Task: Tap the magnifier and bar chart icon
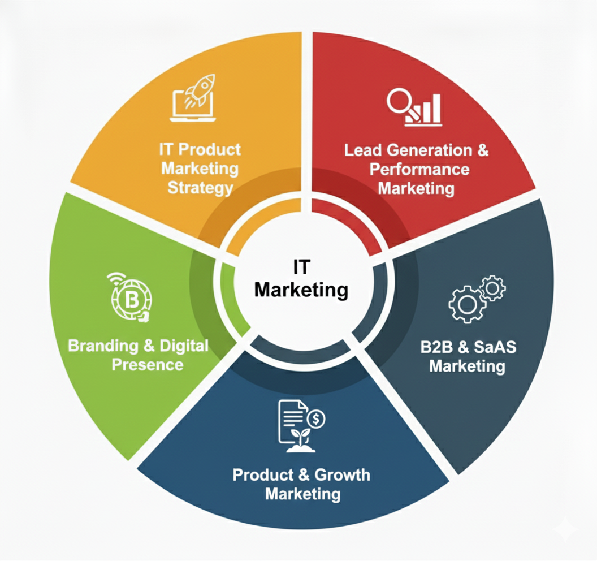[x=414, y=107]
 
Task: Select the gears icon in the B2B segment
[x=476, y=299]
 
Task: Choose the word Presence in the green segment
[x=147, y=364]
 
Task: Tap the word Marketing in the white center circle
[x=301, y=290]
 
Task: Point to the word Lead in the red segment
[x=362, y=150]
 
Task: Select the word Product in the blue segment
[x=262, y=474]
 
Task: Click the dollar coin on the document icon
[x=316, y=419]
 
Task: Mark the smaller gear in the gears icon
[x=492, y=288]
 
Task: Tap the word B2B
[x=439, y=347]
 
